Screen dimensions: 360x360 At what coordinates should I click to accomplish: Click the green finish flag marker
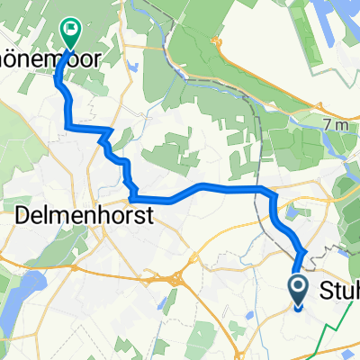point(69,31)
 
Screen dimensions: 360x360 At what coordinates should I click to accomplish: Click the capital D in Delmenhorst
point(26,216)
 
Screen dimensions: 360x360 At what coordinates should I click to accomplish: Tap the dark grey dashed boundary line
point(261,144)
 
